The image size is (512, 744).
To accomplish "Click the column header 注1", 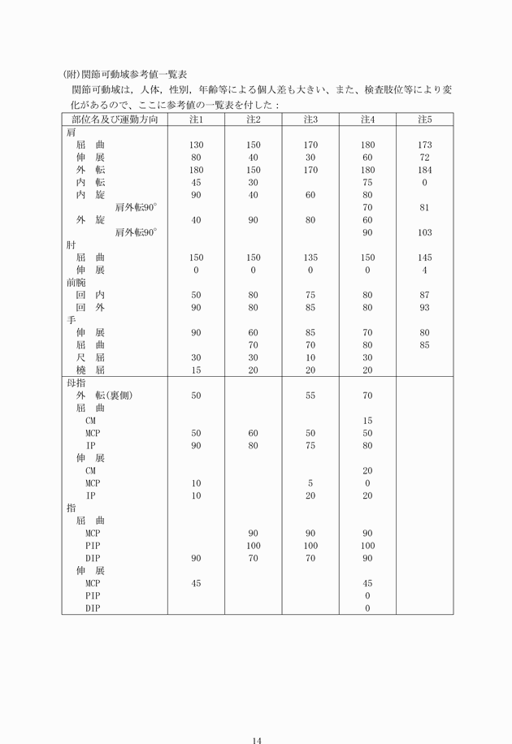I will click(x=196, y=120).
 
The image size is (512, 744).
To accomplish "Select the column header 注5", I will click(x=424, y=120).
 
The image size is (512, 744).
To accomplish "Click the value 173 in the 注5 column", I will click(x=424, y=145).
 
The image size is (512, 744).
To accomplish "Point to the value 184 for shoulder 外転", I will click(x=424, y=170).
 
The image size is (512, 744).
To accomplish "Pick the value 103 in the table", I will click(x=424, y=232).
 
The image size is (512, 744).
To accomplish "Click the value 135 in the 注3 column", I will click(x=310, y=257).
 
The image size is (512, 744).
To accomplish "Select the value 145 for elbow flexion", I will click(x=424, y=257).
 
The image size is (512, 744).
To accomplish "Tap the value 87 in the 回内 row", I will click(x=424, y=295).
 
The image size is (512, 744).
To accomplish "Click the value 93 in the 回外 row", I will click(x=424, y=308).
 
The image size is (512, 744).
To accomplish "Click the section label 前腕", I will click(x=75, y=283).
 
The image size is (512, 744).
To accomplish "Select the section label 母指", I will click(x=75, y=383).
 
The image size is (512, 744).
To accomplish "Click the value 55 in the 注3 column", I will click(x=310, y=396).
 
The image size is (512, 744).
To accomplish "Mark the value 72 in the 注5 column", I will click(x=424, y=158).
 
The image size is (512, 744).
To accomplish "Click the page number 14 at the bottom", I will click(x=257, y=717).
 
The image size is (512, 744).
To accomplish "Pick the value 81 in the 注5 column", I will click(x=424, y=207).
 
